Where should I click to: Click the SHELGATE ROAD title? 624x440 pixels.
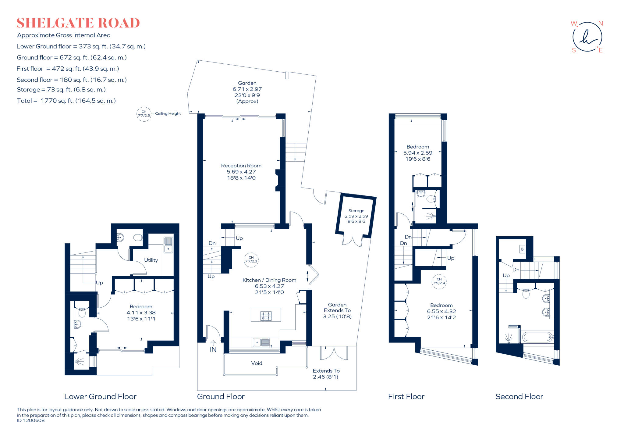coord(78,23)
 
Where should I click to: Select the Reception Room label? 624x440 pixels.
coord(241,166)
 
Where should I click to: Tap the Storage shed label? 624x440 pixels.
coord(356,211)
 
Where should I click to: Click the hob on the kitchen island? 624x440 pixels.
coord(266,316)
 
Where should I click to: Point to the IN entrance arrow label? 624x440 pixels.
coord(213,349)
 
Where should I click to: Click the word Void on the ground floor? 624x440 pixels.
coord(257,363)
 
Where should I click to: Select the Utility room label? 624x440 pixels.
coord(151,260)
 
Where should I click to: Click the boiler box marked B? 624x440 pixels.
coord(522,249)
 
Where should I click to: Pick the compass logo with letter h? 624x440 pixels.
coord(587,37)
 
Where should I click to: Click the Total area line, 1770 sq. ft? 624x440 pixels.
coord(66,101)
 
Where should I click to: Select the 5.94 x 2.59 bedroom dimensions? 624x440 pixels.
coord(418,153)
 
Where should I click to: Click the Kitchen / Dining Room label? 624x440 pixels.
coord(269,280)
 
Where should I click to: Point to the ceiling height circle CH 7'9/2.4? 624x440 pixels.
coord(439,281)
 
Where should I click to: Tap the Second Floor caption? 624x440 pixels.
coord(519,396)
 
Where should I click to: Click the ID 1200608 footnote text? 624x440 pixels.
coord(31,420)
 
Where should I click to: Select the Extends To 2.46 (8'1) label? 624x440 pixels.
coord(326,374)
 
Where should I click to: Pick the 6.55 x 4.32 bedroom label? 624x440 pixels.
coord(441,311)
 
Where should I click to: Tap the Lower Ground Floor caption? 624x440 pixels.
coord(100,396)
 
